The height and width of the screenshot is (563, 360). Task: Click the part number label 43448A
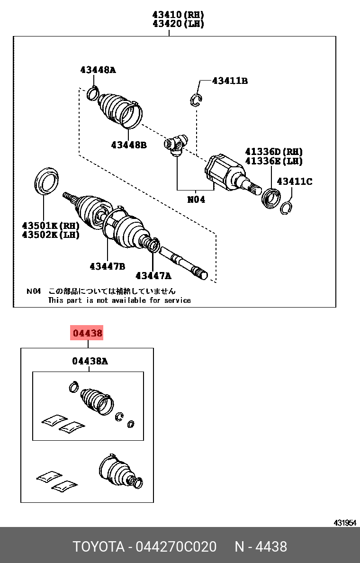[98, 70]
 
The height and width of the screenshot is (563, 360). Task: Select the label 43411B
[230, 81]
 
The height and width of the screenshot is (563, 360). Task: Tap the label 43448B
[129, 145]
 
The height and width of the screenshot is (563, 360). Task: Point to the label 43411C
[294, 181]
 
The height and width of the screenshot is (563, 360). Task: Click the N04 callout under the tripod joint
[196, 200]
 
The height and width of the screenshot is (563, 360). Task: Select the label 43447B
[107, 266]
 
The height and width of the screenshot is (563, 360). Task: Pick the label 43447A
[153, 275]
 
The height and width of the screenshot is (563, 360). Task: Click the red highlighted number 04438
[87, 333]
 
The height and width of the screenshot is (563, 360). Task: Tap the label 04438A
[90, 361]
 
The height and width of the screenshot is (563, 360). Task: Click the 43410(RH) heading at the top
[178, 15]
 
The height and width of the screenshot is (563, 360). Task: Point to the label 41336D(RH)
[273, 152]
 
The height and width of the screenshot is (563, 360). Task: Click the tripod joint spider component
[176, 145]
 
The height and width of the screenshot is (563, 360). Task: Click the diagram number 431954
[344, 522]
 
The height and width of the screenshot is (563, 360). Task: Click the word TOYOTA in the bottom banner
[98, 546]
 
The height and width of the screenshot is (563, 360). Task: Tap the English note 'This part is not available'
[119, 300]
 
